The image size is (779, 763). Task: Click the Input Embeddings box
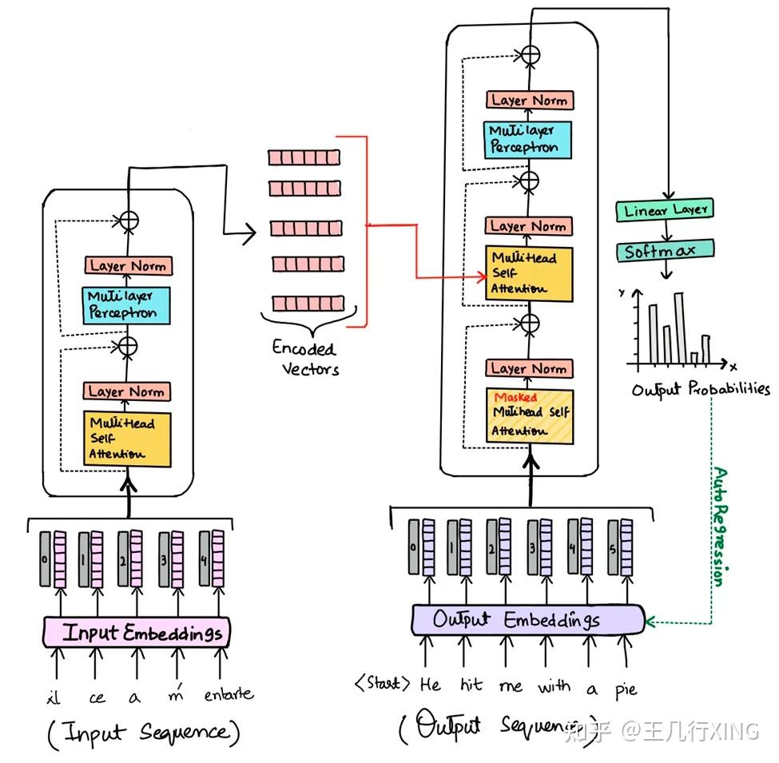click(136, 633)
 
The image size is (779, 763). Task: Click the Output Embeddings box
click(527, 619)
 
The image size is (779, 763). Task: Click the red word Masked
click(515, 397)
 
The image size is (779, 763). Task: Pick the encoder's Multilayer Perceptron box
click(125, 305)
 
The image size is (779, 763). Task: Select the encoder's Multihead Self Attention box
click(126, 438)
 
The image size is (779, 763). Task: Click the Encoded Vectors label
click(305, 358)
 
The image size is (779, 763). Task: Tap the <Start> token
click(383, 684)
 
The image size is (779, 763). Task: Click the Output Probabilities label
click(701, 390)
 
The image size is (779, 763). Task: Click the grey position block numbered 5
click(613, 547)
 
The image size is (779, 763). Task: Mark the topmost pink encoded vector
click(304, 157)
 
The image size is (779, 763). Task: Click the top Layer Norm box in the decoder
click(529, 101)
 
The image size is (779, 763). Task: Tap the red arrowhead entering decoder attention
click(483, 276)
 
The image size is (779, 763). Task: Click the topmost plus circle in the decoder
click(529, 55)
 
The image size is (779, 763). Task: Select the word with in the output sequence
click(554, 686)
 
